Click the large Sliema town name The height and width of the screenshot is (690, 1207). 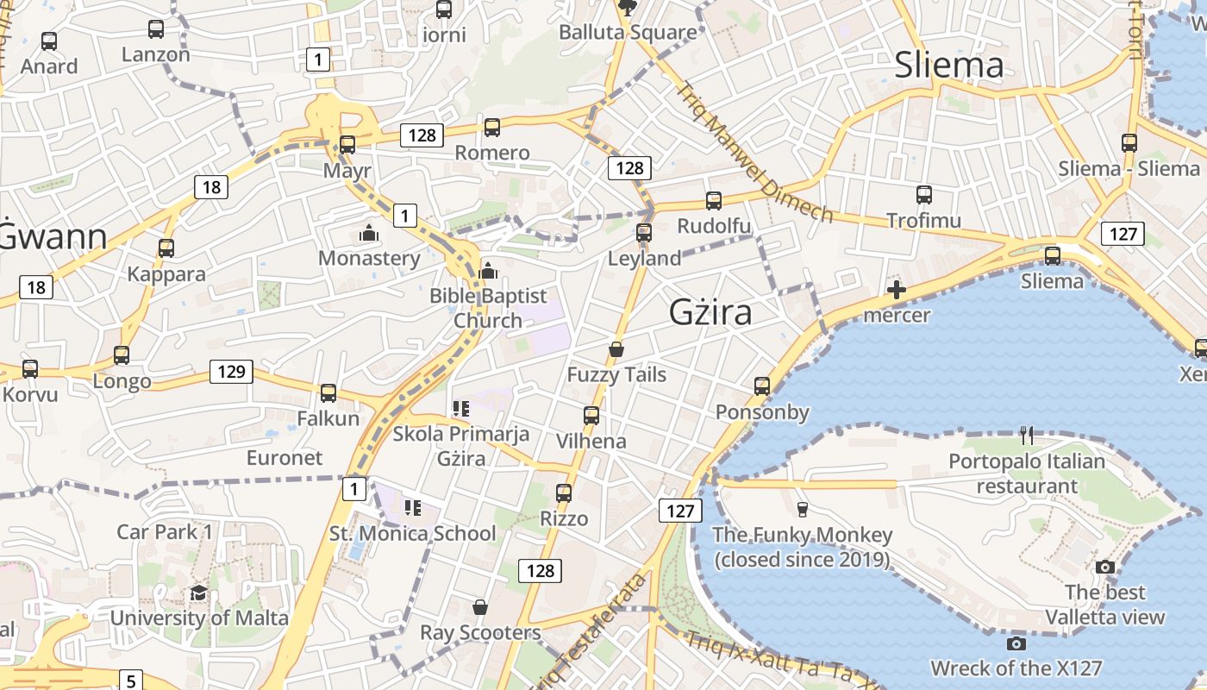coord(948,66)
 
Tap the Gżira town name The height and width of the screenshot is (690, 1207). coord(710,312)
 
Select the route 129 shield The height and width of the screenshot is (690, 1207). coord(231,372)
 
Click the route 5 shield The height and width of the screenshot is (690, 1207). coord(129,681)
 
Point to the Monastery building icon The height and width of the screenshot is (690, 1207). coord(369,233)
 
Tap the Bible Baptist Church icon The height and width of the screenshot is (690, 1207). coord(488,271)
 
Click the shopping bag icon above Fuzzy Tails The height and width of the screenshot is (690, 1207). coord(616,349)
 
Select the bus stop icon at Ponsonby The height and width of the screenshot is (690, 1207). coord(762,386)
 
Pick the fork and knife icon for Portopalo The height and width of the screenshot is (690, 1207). coord(1026,436)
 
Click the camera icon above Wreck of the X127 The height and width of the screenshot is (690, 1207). coord(1016,643)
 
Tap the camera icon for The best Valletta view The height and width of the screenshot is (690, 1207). coord(1105,567)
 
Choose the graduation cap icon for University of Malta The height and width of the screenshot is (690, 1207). coord(199,593)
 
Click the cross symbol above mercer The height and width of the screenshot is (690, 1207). coord(897,290)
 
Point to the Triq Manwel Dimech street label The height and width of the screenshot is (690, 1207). coord(754,152)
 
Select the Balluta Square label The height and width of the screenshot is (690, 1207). coord(628,33)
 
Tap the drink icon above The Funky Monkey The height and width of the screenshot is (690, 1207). coord(803,509)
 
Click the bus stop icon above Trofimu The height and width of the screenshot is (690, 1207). coord(924,195)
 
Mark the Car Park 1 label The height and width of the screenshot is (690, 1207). coord(164,531)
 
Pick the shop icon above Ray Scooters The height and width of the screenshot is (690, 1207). coord(480,607)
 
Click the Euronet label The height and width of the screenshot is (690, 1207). coord(285,457)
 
